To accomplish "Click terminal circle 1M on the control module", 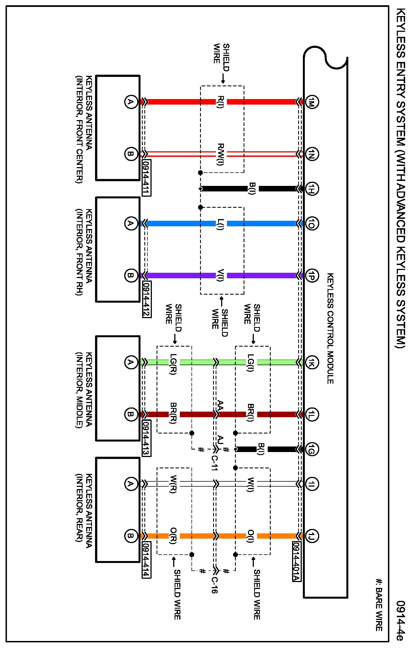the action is pos(312,102).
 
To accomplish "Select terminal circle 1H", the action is pos(312,189).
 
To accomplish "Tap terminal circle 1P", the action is pos(312,276).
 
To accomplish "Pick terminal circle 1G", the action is pos(312,449).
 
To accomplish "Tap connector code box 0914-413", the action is pos(146,438).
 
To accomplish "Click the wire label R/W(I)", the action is pos(221,154).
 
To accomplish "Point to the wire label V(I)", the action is pos(221,275).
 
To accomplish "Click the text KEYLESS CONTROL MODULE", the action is pos(330,328).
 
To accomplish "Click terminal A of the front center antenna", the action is pos(131,102).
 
